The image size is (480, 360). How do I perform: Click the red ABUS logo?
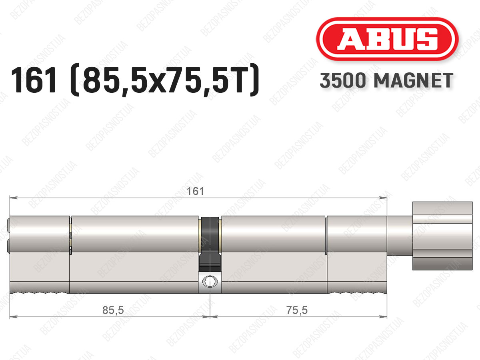pyautogui.click(x=387, y=39)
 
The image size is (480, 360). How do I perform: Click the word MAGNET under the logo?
pyautogui.click(x=414, y=80)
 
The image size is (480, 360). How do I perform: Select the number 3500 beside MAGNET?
pyautogui.click(x=343, y=80)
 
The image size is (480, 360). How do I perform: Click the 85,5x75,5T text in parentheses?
pyautogui.click(x=164, y=80)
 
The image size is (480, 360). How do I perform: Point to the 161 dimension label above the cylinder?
pyautogui.click(x=195, y=192)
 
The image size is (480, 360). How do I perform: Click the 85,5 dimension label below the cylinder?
pyautogui.click(x=113, y=310)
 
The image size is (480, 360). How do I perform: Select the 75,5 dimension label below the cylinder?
pyautogui.click(x=297, y=310)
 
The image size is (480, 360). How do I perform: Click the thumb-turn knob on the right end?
pyautogui.click(x=442, y=236)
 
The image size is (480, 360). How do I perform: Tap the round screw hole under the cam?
pyautogui.click(x=210, y=281)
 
